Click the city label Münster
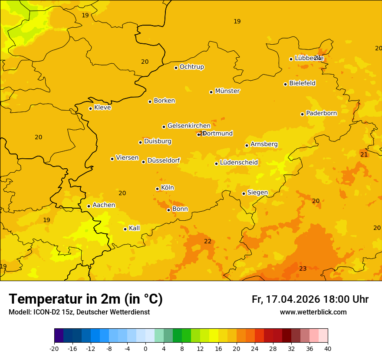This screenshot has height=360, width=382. tap(227, 91)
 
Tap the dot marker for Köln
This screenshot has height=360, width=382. tap(157, 189)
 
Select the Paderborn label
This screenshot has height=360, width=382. tap(321, 113)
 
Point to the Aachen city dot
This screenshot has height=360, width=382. tap(89, 206)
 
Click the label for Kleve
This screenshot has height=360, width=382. tap(102, 108)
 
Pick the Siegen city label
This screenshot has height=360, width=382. tap(257, 193)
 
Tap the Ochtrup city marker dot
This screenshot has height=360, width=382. tap(176, 68)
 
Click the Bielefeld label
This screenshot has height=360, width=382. tap(302, 83)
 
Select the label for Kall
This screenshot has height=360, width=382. tap(134, 228)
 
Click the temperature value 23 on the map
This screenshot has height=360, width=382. tap(303, 269)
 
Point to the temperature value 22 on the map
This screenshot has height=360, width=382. tap(208, 242)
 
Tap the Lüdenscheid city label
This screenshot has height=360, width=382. tap(239, 163)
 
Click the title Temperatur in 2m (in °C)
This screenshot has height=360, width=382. tap(86, 299)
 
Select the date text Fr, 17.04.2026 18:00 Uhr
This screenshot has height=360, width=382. tap(310, 300)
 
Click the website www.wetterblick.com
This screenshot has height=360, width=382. tap(313, 312)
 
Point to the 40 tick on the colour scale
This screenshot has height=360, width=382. tap(328, 348)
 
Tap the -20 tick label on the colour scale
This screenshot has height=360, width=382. tap(54, 348)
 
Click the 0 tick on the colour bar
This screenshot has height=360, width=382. tap(145, 348)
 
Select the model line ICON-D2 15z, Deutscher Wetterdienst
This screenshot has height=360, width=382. tap(79, 312)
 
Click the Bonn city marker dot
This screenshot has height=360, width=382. tap(168, 210)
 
